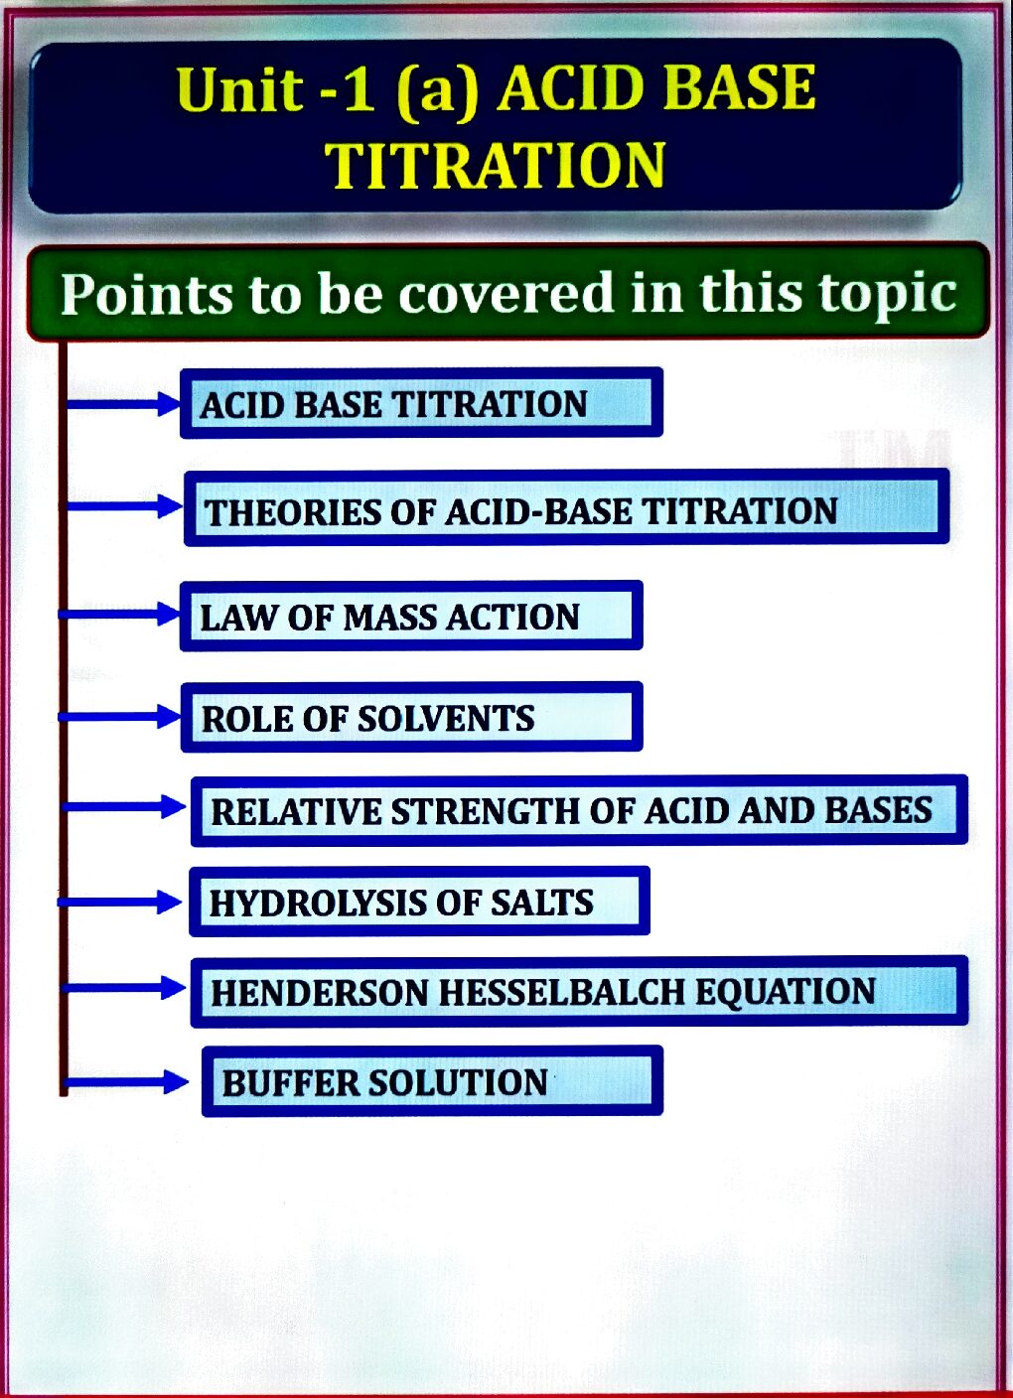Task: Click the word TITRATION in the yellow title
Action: pyautogui.click(x=495, y=165)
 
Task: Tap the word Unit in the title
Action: pyautogui.click(x=240, y=88)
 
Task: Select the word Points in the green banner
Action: pyautogui.click(x=147, y=294)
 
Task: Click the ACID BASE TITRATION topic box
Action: pyautogui.click(x=421, y=403)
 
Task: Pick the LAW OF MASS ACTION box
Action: pyautogui.click(x=411, y=616)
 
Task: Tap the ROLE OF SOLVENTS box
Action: pyautogui.click(x=411, y=717)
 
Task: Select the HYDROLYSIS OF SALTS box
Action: pyautogui.click(x=419, y=902)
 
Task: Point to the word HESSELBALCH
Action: pyautogui.click(x=562, y=992)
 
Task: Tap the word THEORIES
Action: pyautogui.click(x=293, y=511)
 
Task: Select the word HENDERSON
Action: pyautogui.click(x=320, y=992)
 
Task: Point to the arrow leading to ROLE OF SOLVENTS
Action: pyautogui.click(x=119, y=717)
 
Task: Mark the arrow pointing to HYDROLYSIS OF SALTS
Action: pyautogui.click(x=119, y=902)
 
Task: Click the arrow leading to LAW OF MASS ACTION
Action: pyautogui.click(x=119, y=615)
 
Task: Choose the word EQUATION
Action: pyautogui.click(x=786, y=992)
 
